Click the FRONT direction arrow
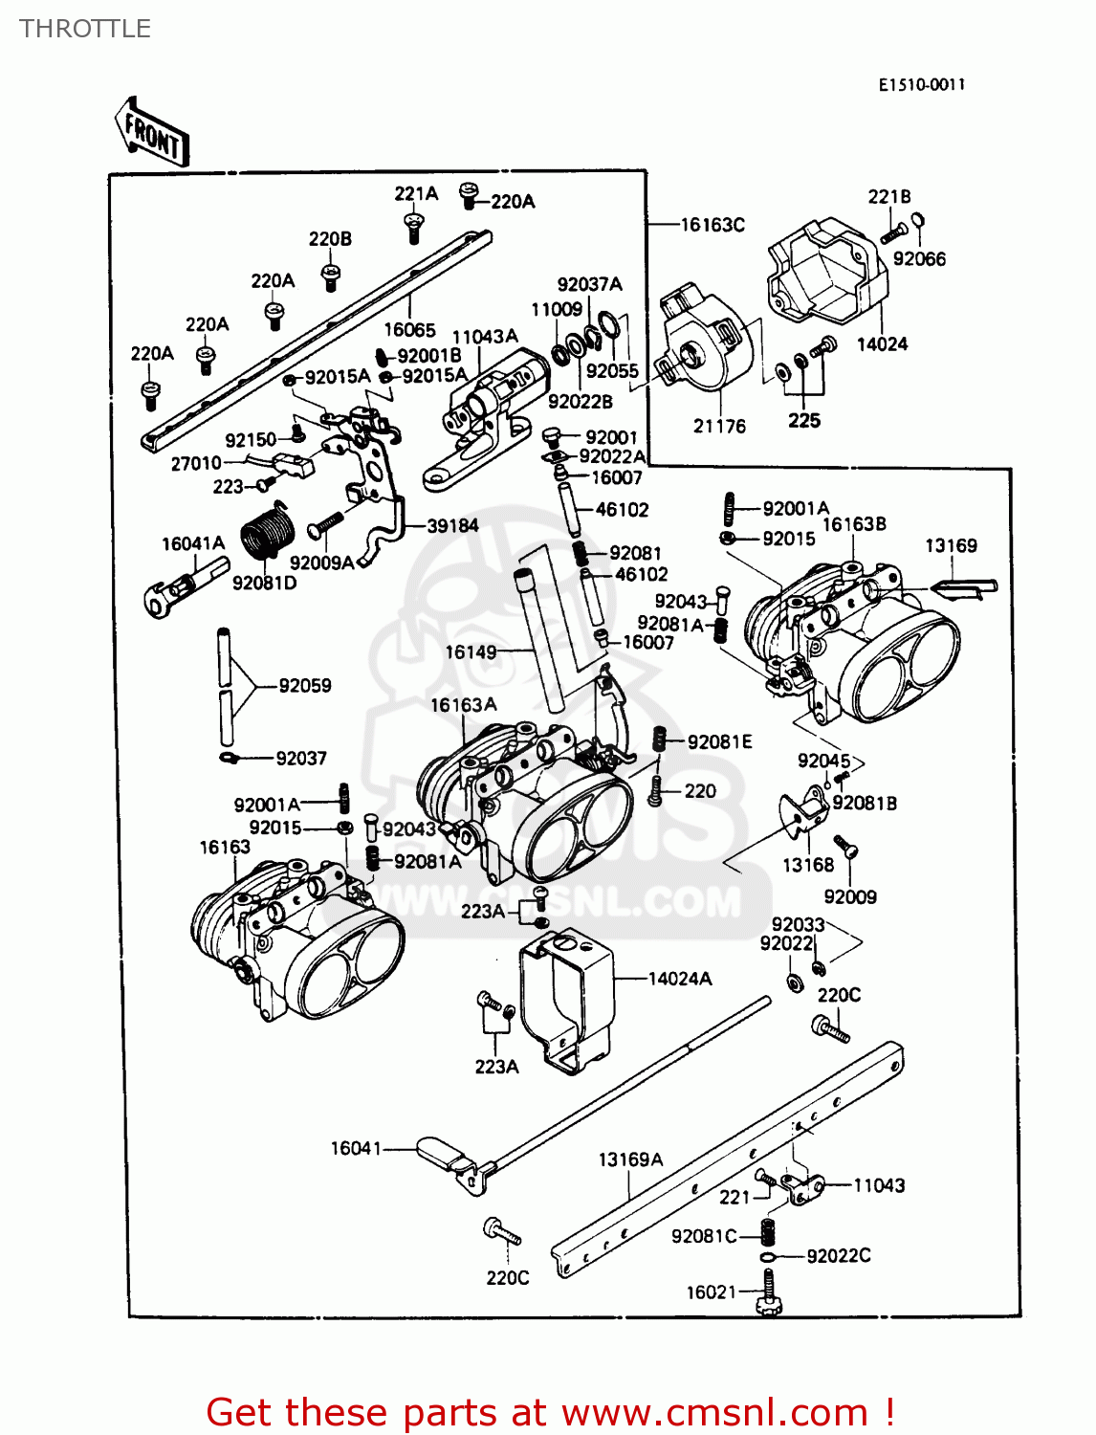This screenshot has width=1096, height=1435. (152, 134)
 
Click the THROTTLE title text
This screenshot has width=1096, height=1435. (85, 29)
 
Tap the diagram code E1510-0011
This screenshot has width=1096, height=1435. (922, 85)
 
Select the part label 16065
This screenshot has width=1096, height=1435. (409, 330)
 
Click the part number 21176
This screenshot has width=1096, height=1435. (719, 427)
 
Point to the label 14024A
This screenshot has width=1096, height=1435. (679, 979)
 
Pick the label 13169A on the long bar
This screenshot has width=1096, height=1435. (630, 1159)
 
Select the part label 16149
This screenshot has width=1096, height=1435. (471, 652)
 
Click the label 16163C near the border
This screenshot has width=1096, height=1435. (712, 225)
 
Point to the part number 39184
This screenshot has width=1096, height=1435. (452, 526)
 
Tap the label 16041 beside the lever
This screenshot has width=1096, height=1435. (356, 1148)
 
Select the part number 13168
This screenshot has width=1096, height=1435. (808, 866)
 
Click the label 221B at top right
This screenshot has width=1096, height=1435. (889, 197)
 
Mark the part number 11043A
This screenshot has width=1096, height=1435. (485, 337)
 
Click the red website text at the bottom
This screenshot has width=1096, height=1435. (550, 1412)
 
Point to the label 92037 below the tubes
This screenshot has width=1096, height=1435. (301, 759)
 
